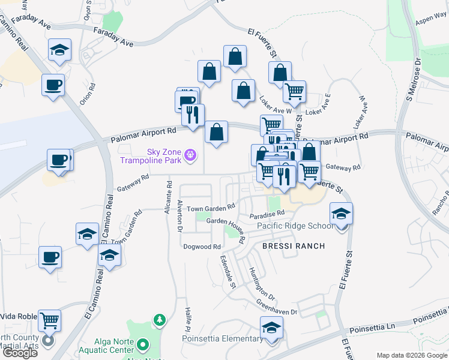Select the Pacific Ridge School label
coord(295,226)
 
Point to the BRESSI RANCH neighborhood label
coord(293,246)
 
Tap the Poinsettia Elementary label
coord(222,338)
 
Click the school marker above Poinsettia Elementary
coord(271,328)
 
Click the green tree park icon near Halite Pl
coord(159,320)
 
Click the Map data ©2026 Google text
coord(412,355)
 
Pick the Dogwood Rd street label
coord(202,247)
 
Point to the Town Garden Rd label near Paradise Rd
coord(210,208)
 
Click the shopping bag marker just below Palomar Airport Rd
coord(216,132)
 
